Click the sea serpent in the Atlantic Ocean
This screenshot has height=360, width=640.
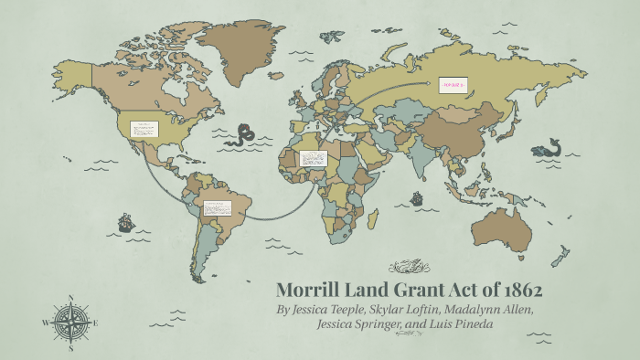242,135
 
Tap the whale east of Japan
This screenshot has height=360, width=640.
550,148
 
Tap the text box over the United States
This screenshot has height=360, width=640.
144,129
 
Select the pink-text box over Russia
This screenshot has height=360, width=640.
453,85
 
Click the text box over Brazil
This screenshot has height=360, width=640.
219,211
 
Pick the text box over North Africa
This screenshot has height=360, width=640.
313,159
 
